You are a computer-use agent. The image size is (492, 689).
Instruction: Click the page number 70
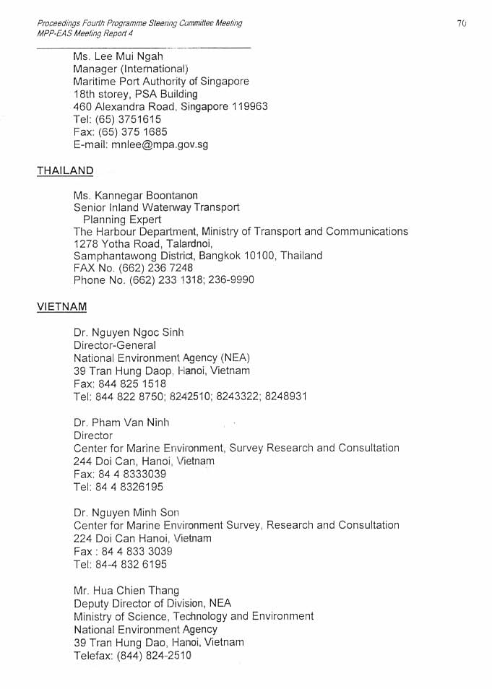(x=462, y=24)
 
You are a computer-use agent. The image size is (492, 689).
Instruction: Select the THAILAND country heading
(x=65, y=171)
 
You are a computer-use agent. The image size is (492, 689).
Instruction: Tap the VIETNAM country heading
(x=62, y=307)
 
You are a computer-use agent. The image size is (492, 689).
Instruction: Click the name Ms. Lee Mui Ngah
(x=118, y=56)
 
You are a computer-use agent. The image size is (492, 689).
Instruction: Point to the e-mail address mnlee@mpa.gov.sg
(x=160, y=144)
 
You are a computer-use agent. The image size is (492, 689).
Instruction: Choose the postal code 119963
(x=245, y=106)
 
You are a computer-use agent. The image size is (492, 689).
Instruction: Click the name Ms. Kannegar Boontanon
(x=135, y=196)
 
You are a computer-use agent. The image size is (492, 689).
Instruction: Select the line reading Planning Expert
(x=122, y=220)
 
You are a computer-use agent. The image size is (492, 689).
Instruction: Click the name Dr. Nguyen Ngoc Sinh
(x=129, y=332)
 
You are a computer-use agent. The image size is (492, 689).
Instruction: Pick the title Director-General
(x=114, y=345)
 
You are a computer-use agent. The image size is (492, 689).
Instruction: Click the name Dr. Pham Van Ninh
(x=121, y=422)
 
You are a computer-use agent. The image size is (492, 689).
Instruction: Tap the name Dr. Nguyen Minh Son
(x=126, y=513)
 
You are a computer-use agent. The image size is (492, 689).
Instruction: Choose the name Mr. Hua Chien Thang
(x=126, y=591)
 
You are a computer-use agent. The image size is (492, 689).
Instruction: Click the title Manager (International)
(x=131, y=69)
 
